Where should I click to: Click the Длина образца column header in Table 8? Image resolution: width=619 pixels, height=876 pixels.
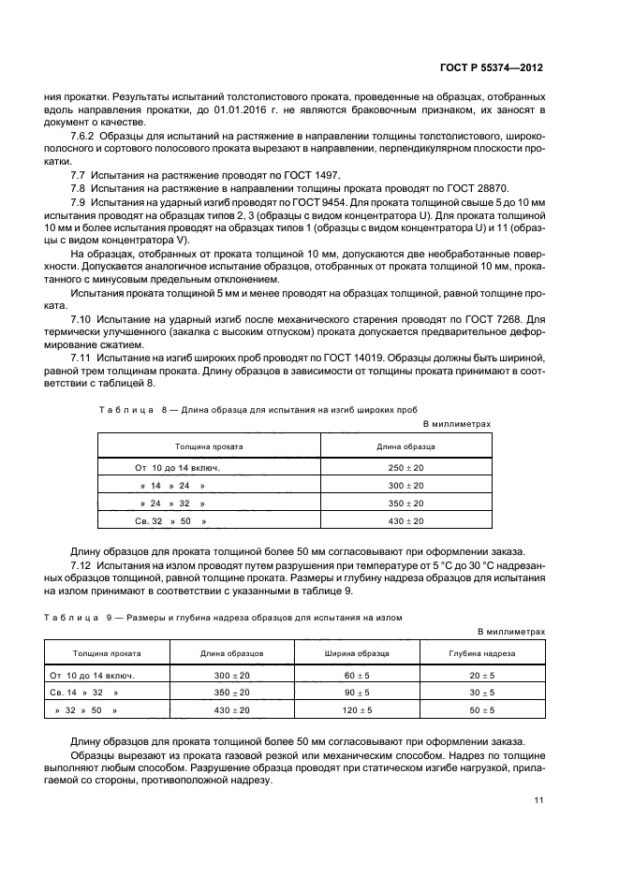click(x=405, y=446)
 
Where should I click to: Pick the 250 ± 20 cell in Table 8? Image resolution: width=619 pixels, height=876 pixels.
click(x=405, y=466)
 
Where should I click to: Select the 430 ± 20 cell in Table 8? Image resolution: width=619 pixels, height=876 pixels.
click(x=405, y=520)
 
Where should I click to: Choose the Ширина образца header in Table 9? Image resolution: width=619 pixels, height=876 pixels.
click(x=356, y=653)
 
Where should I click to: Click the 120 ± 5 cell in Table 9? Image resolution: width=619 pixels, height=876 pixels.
click(x=356, y=711)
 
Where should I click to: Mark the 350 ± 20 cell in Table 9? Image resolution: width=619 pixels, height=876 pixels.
click(x=232, y=693)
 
